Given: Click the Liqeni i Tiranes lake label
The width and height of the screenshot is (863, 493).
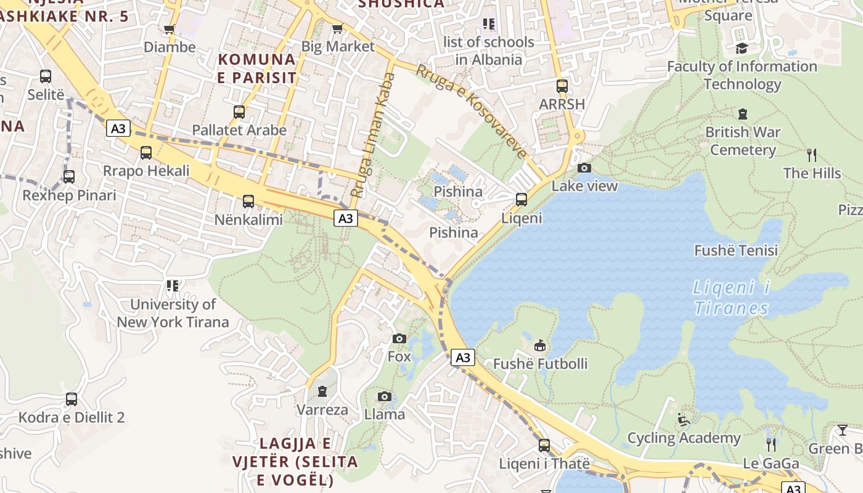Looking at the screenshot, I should coord(732,298).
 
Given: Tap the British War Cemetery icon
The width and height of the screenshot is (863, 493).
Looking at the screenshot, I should coord(743,114).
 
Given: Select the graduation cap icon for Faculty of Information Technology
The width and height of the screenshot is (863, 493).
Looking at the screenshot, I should coord(742,48).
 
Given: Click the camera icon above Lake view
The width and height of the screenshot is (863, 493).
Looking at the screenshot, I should coord(584,168).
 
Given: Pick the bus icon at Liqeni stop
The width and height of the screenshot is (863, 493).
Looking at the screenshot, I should coord(521,200).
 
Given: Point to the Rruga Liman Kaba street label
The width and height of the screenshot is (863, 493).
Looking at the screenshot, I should coord(374,136).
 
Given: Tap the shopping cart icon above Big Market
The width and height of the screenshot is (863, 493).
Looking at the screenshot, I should coord(337,29).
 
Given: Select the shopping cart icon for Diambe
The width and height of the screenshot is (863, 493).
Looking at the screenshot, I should coord(170,29).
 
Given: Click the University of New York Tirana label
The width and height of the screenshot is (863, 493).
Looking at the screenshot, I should coord(173,313).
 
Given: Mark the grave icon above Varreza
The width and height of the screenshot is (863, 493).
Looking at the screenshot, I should coord(322,391).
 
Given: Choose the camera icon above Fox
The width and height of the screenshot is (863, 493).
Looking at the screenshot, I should coord(399,338).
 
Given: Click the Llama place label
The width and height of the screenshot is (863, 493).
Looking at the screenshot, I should coord(385,414).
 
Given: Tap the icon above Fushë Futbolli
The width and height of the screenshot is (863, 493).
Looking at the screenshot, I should coord(540,346).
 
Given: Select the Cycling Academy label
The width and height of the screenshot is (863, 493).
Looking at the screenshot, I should coord(684,438).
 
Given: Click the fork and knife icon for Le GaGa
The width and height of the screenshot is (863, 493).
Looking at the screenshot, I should coord(771,444).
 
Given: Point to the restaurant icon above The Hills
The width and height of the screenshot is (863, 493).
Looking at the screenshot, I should coord(812,155).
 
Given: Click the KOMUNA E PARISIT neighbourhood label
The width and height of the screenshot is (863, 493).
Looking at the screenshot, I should coord(257,68).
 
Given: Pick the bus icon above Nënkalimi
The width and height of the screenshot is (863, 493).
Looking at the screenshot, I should coord(248,201).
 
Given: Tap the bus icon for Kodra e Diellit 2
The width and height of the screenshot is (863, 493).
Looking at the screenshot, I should coord(72,399).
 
